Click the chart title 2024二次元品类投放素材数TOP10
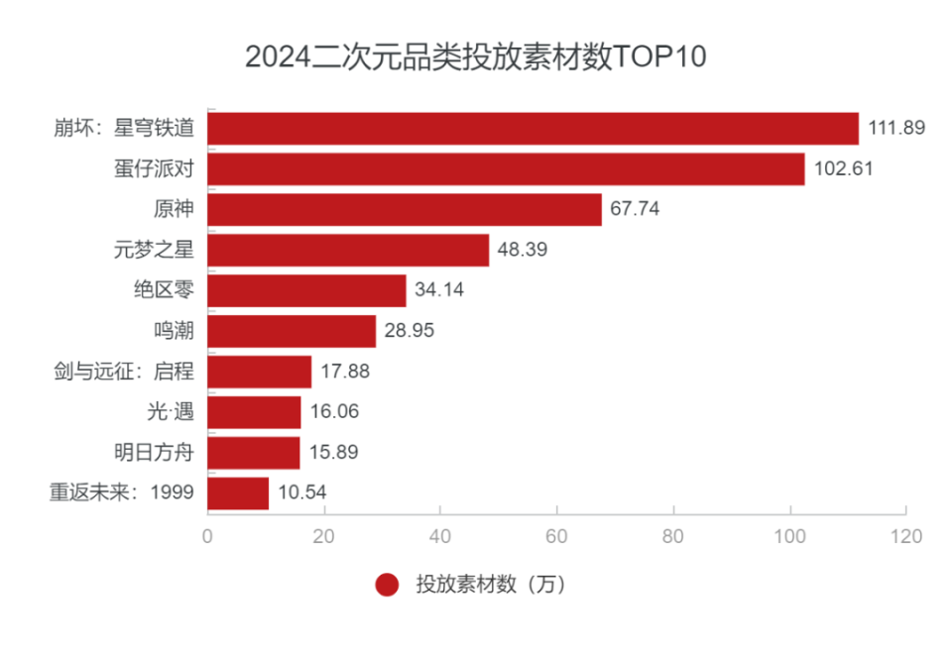click(x=475, y=56)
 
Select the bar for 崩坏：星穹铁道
click(x=533, y=128)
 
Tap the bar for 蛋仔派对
click(x=506, y=168)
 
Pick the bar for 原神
click(x=404, y=209)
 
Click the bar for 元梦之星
click(x=348, y=250)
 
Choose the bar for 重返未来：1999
click(x=238, y=492)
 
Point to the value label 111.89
click(x=896, y=128)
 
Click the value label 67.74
click(x=635, y=209)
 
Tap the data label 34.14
click(x=439, y=290)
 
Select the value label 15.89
click(x=333, y=453)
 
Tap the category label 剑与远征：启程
click(x=124, y=372)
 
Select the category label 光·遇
click(x=171, y=412)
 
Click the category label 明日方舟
click(x=154, y=453)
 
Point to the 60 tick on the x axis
click(x=556, y=537)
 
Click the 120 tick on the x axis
click(x=905, y=537)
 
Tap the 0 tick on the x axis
click(x=207, y=537)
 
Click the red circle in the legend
click(x=387, y=585)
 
